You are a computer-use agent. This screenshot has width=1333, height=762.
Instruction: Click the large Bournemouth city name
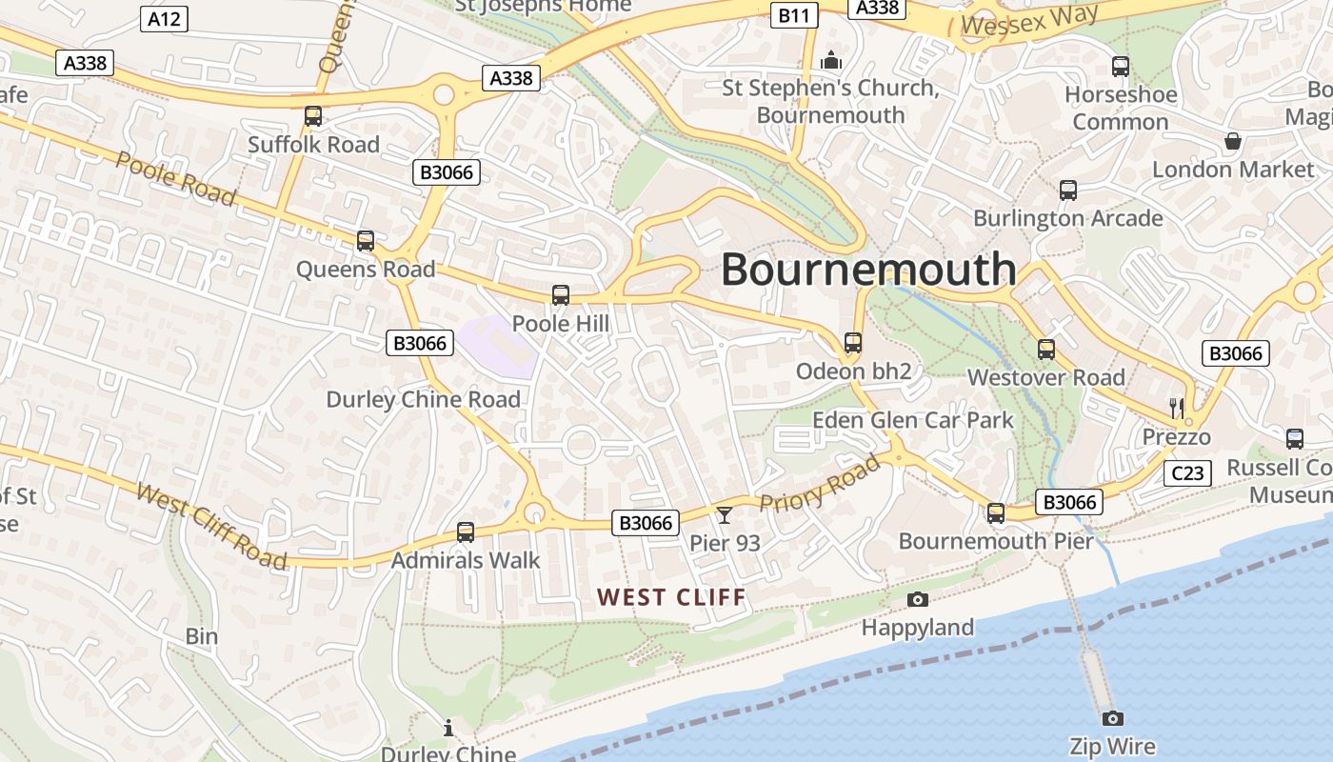click(x=868, y=270)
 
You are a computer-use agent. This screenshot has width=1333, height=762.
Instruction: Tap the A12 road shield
click(x=164, y=18)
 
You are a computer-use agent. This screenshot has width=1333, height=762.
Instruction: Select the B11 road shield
click(x=794, y=14)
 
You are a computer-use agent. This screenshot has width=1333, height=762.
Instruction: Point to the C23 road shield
click(x=1188, y=472)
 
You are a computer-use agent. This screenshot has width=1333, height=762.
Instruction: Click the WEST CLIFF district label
click(x=671, y=597)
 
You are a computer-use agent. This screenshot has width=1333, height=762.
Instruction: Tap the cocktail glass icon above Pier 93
click(x=725, y=515)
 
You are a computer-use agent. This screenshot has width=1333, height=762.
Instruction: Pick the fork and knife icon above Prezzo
click(x=1177, y=409)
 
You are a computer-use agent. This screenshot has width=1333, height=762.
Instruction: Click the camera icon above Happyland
click(x=918, y=599)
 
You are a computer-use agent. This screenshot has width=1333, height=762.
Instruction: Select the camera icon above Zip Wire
click(x=1112, y=718)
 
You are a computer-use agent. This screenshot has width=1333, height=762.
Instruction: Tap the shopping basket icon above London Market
click(x=1233, y=141)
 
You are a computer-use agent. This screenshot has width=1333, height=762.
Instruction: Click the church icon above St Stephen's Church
click(x=831, y=61)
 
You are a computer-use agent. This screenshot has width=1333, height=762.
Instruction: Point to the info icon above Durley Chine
click(x=448, y=729)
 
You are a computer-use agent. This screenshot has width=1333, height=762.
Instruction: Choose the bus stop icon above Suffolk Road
click(x=313, y=116)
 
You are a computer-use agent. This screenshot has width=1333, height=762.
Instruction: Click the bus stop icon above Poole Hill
click(x=561, y=295)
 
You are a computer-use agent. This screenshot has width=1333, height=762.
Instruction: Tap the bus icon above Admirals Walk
click(x=466, y=532)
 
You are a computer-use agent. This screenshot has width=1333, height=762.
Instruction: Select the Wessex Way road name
click(x=1030, y=19)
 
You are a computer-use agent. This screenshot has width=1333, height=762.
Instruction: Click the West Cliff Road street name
click(x=211, y=526)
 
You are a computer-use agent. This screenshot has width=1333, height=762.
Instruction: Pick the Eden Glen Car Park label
click(x=913, y=420)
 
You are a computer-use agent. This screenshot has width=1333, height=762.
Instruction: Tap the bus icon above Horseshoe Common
click(x=1121, y=67)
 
